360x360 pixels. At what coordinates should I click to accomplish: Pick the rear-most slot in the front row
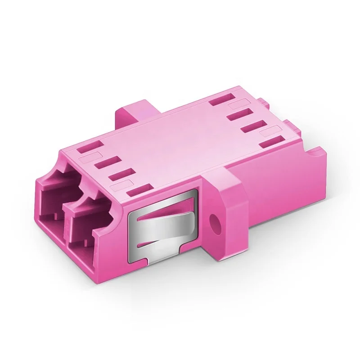coord(90,147)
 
